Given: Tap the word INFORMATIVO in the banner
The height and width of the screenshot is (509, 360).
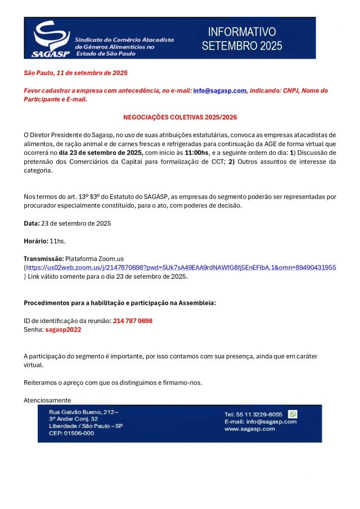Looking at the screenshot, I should pos(242,32).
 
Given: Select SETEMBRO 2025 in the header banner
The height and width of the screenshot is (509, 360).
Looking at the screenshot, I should pos(242,46).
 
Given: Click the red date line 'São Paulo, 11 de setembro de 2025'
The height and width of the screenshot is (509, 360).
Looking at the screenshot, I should pos(76,73).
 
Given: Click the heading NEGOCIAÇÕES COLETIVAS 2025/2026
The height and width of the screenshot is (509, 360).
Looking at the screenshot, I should pos(180,117).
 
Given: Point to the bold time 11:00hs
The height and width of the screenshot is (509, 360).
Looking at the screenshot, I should pos(196,153).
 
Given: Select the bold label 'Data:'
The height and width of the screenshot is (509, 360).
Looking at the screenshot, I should pos(32,223).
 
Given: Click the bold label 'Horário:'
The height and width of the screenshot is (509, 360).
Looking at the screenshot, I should pos(36,241).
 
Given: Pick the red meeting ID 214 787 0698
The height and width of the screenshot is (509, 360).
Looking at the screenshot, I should pos(133,321).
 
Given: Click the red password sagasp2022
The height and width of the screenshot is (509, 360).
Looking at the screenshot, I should pos(63,330).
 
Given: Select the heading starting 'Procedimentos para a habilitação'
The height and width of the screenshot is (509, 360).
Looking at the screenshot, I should pos(120,303).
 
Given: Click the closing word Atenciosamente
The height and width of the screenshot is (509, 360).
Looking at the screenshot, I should pos(48,400).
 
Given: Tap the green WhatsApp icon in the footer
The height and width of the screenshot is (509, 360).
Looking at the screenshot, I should pos(293,414).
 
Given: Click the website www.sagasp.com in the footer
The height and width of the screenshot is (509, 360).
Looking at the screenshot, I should pos(250,428).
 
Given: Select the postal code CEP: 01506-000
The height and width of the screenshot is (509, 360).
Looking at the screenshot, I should pos(71,433).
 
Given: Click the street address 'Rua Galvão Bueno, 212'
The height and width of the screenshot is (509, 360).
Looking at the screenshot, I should pos(84,413).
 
